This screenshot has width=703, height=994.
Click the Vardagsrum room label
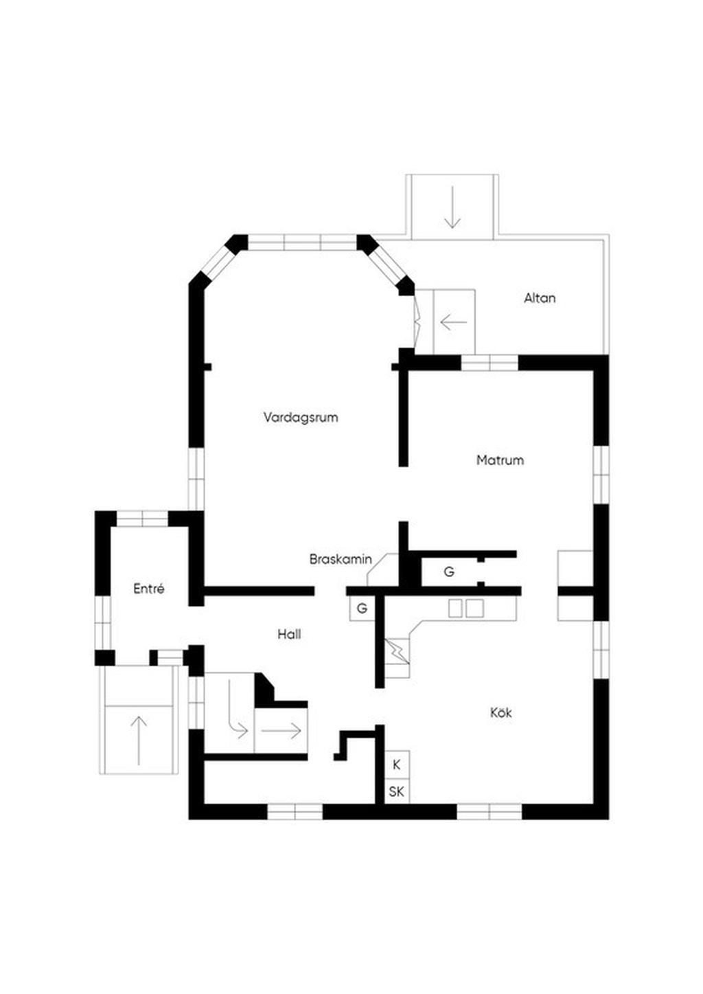tap(301, 418)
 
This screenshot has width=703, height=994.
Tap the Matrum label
tap(500, 460)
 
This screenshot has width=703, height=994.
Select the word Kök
tap(501, 712)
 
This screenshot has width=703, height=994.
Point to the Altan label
tap(540, 298)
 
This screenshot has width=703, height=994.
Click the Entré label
tap(149, 589)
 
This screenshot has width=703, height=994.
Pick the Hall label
tap(289, 635)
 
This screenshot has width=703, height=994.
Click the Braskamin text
tap(341, 559)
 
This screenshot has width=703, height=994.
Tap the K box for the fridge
tap(397, 765)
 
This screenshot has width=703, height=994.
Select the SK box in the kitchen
tap(397, 791)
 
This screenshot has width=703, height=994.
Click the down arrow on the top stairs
tap(452, 207)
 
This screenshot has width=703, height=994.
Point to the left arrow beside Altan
tap(454, 321)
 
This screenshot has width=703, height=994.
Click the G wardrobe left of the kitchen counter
tap(362, 609)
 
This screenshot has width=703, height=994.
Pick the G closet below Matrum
tap(449, 572)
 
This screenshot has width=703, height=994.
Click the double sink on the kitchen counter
tap(465, 609)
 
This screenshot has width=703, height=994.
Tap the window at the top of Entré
tap(142, 519)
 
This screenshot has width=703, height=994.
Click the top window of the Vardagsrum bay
tap(303, 242)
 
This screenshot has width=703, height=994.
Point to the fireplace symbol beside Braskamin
tap(383, 569)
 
